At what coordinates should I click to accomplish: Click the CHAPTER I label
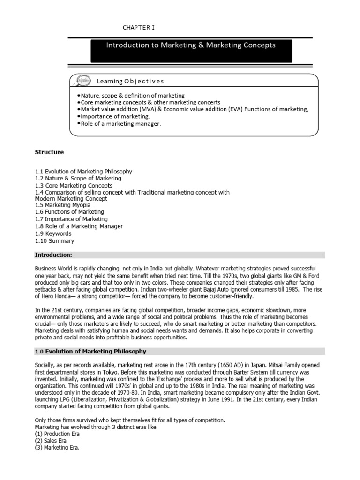point(138,28)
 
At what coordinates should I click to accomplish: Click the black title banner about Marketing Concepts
point(191,51)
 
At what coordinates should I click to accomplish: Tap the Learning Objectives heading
point(130,81)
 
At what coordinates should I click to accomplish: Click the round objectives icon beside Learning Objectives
point(83,81)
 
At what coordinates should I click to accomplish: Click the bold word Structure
point(49,152)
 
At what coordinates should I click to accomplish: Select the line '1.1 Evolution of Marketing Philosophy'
point(83,172)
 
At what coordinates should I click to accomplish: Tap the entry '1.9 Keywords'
point(53,233)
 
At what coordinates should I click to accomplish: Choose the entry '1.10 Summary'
point(54,241)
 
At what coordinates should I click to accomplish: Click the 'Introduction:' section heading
point(53,255)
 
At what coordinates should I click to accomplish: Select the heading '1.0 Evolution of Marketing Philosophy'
point(90,351)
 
